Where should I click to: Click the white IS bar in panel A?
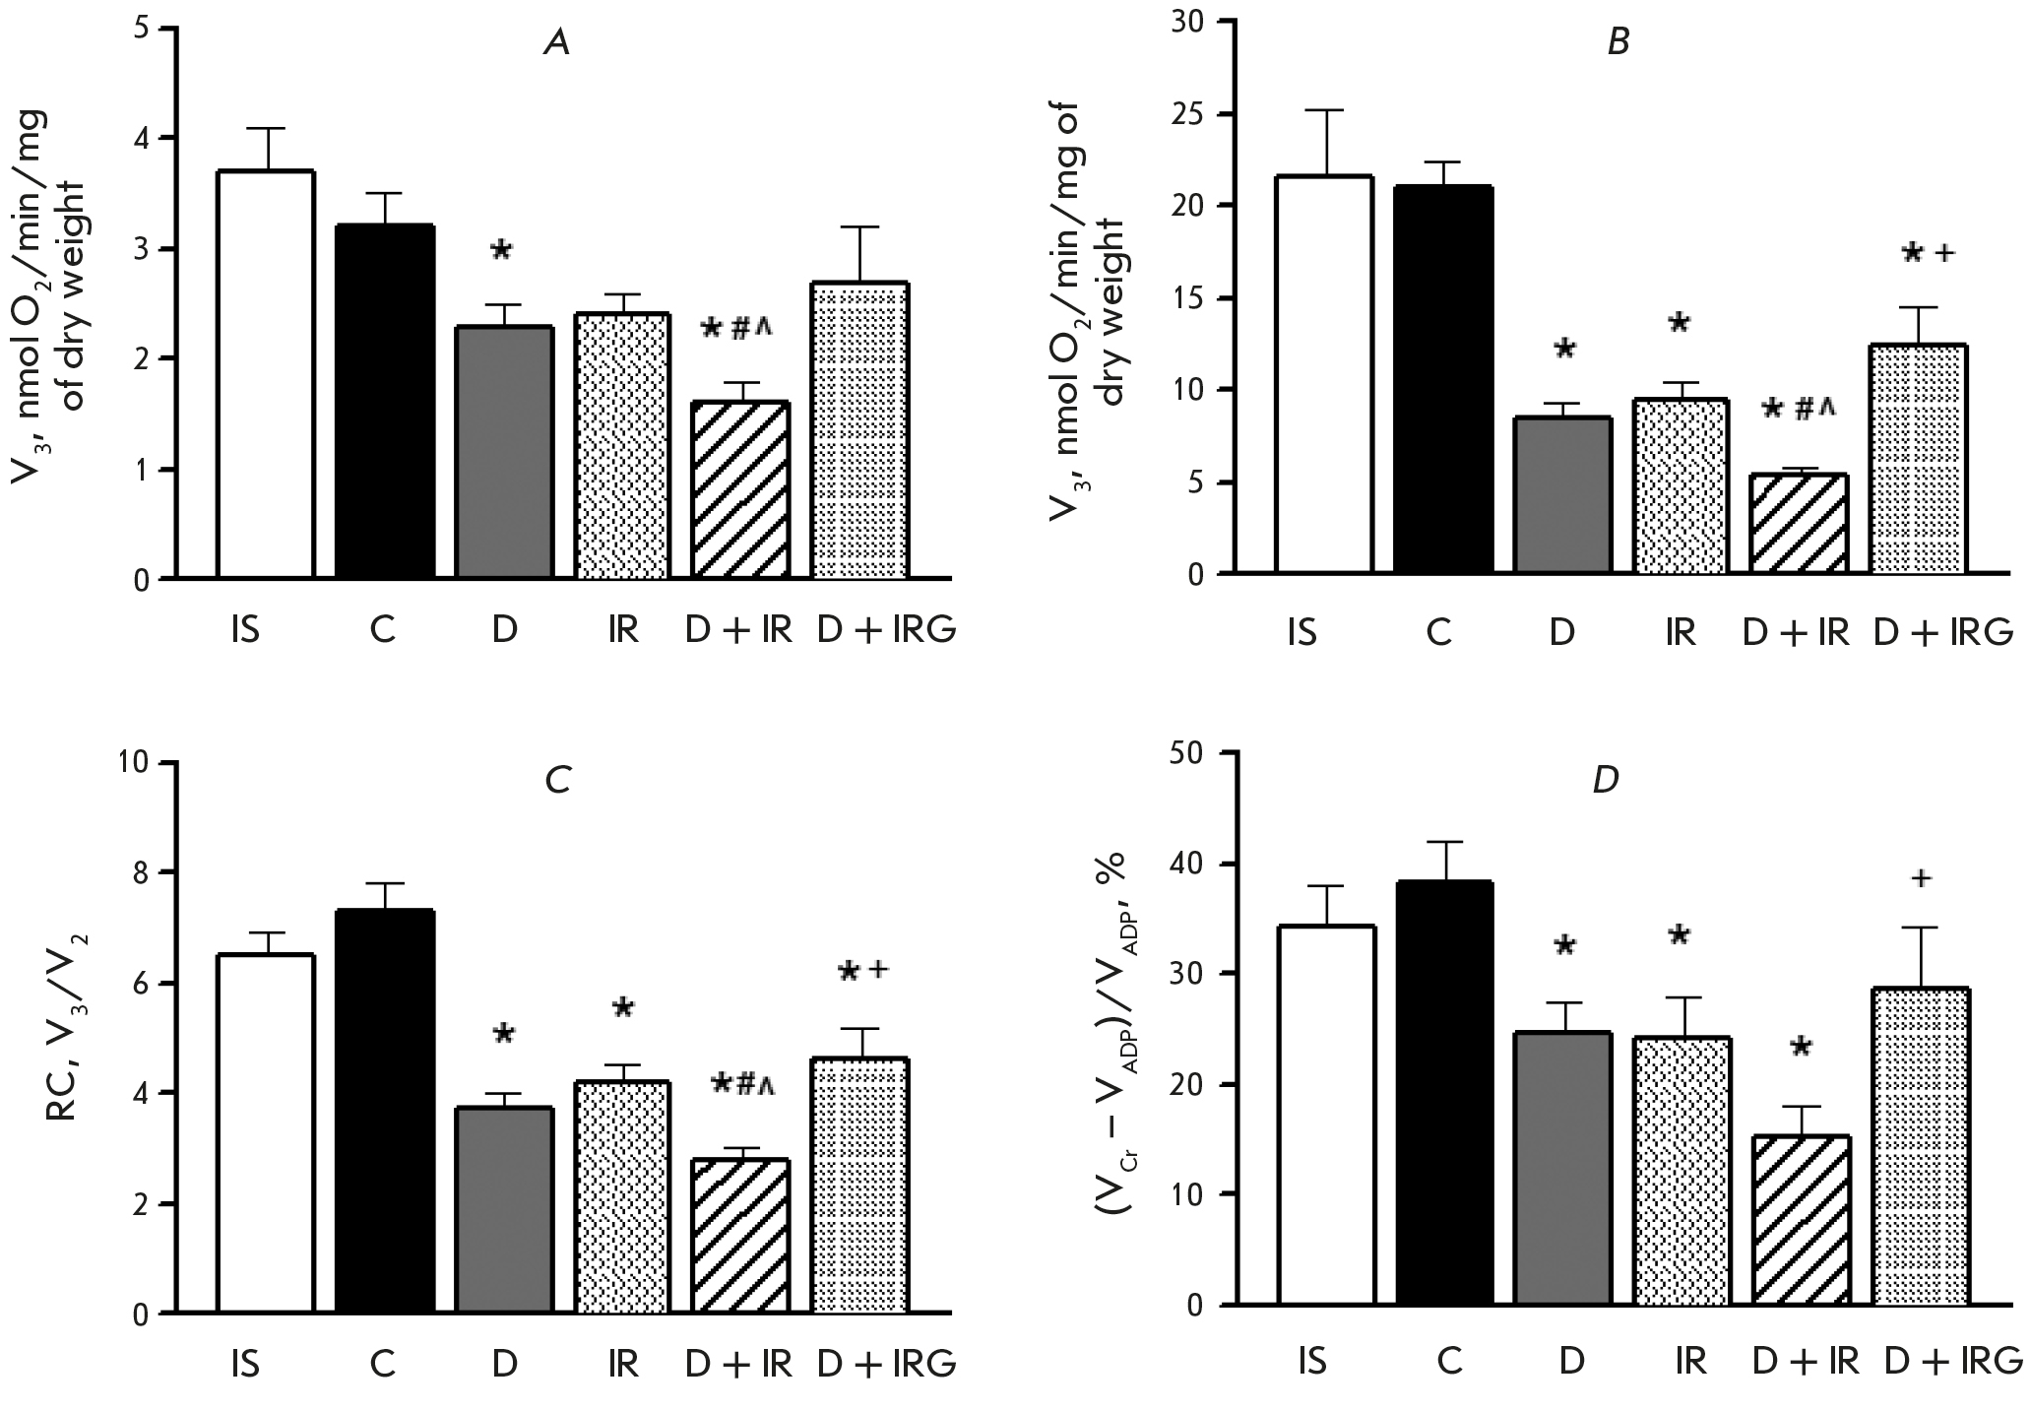coord(266,374)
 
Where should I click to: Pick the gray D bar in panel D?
coord(1563,1168)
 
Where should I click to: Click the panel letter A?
coord(557,44)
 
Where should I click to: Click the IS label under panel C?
coord(245,1365)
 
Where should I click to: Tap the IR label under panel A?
coord(622,629)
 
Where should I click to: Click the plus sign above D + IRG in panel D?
coord(1920,877)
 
